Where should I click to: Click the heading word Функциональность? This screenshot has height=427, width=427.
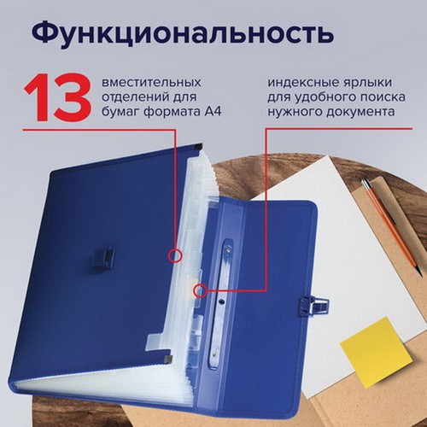(182, 34)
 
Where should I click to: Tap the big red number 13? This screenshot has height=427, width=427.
(58, 97)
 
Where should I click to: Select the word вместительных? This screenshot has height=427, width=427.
(151, 83)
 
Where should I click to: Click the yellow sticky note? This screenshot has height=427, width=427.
(377, 352)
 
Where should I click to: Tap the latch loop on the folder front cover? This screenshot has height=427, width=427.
(102, 257)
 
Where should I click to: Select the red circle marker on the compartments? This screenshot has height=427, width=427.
(175, 255)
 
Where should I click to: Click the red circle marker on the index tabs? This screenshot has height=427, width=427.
(201, 290)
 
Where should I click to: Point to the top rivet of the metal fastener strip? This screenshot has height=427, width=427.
(229, 251)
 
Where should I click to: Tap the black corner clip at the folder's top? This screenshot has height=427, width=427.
(198, 147)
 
